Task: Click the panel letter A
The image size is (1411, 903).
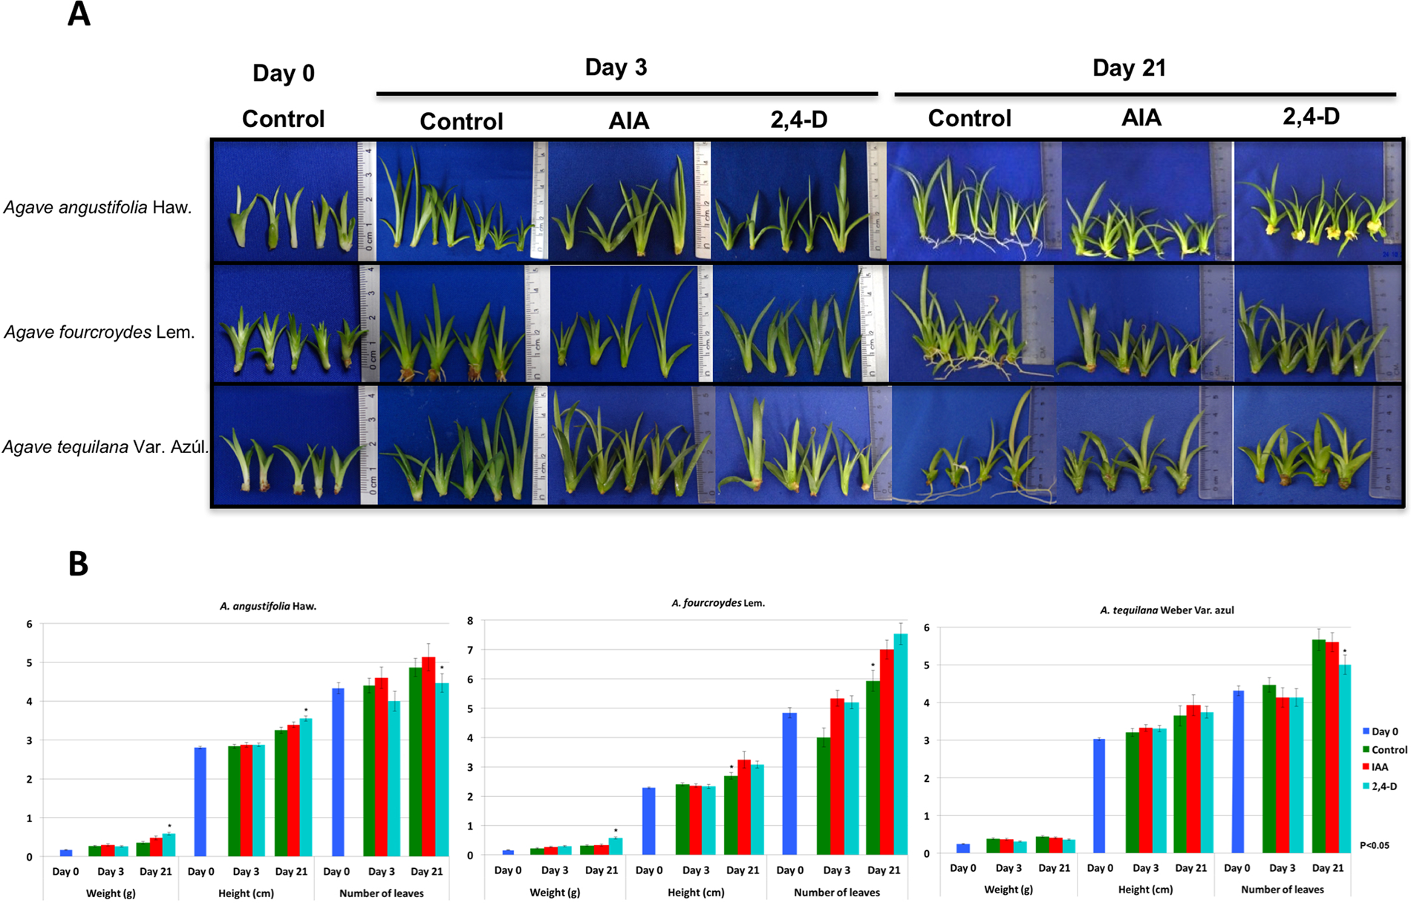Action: [79, 15]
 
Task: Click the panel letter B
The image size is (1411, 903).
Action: [78, 564]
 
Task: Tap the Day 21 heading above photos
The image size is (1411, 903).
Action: [1129, 68]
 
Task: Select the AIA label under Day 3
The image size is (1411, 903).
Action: [628, 120]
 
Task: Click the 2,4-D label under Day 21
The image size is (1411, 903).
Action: [1311, 117]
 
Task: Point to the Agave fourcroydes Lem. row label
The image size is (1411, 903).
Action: [100, 332]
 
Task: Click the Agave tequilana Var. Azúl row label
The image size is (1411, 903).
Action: [105, 447]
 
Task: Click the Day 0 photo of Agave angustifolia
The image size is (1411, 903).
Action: [286, 201]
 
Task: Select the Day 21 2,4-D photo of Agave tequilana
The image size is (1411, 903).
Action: [1317, 446]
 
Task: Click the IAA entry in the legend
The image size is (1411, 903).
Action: [1379, 767]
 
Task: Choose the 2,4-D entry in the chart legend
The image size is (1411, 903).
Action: [1384, 786]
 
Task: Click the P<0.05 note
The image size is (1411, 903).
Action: [1374, 845]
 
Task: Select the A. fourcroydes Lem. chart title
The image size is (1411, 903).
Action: [718, 603]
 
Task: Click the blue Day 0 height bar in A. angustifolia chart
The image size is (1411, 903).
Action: [200, 802]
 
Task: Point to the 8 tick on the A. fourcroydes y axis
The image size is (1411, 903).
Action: [469, 621]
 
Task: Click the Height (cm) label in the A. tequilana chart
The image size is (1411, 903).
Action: [1145, 889]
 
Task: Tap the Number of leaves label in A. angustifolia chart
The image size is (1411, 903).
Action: [381, 893]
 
